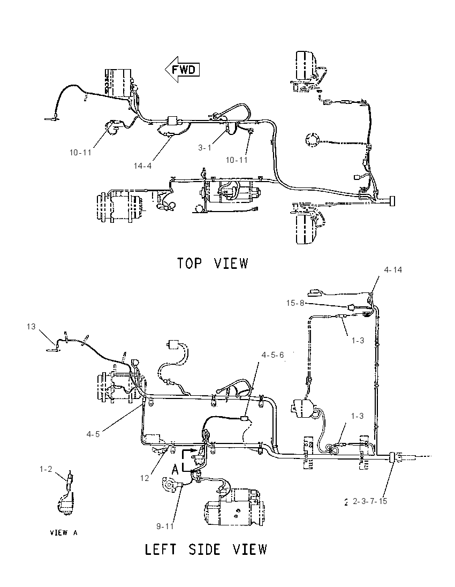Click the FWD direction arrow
(182, 70)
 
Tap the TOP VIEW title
(212, 263)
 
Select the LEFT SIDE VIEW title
(206, 550)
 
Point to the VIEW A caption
(64, 532)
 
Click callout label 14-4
(143, 165)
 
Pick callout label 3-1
(204, 148)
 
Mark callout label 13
(31, 327)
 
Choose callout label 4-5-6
(273, 355)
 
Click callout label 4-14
(393, 269)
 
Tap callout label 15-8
(295, 303)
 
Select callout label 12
(145, 478)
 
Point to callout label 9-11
(165, 526)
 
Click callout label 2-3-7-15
(370, 501)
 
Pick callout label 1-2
(45, 469)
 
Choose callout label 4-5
(93, 434)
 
